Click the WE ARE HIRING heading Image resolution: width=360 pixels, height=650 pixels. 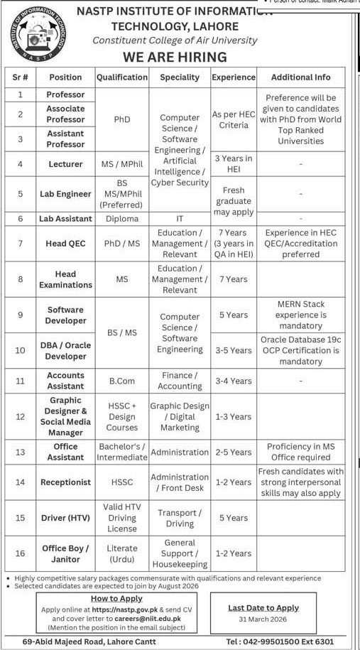pyautogui.click(x=185, y=57)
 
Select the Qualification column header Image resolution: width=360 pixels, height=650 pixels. pyautogui.click(x=121, y=77)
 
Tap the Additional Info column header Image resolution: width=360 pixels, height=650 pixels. pyautogui.click(x=301, y=77)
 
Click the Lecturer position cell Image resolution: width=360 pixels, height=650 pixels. pyautogui.click(x=65, y=164)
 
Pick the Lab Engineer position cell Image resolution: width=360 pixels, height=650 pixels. pyautogui.click(x=65, y=194)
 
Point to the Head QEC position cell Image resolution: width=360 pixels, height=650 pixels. pyautogui.click(x=65, y=244)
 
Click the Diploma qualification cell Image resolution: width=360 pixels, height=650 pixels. pyautogui.click(x=121, y=219)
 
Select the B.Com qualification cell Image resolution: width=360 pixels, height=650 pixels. pyautogui.click(x=121, y=381)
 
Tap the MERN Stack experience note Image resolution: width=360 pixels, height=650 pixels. pyautogui.click(x=301, y=315)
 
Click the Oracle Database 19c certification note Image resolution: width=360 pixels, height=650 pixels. pyautogui.click(x=301, y=350)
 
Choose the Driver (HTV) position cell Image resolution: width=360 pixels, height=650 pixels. pyautogui.click(x=65, y=518)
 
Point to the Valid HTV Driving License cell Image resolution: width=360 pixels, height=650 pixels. pyautogui.click(x=121, y=518)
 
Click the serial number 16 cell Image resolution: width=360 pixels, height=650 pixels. pyautogui.click(x=21, y=553)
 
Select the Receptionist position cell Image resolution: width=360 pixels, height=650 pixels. pyautogui.click(x=65, y=482)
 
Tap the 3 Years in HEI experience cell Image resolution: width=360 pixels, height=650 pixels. pyautogui.click(x=233, y=164)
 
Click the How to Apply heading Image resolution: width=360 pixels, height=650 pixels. pyautogui.click(x=116, y=599)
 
